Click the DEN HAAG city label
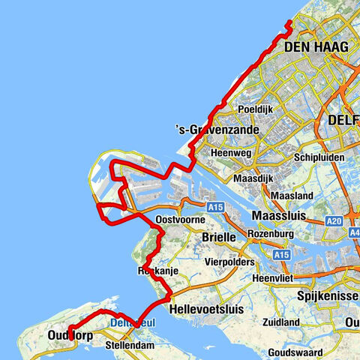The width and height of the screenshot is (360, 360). [317, 46]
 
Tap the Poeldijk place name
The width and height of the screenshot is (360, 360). [252, 109]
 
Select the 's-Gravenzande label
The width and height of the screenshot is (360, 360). [217, 130]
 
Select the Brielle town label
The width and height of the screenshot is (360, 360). [220, 237]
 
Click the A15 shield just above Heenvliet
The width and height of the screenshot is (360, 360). [281, 255]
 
